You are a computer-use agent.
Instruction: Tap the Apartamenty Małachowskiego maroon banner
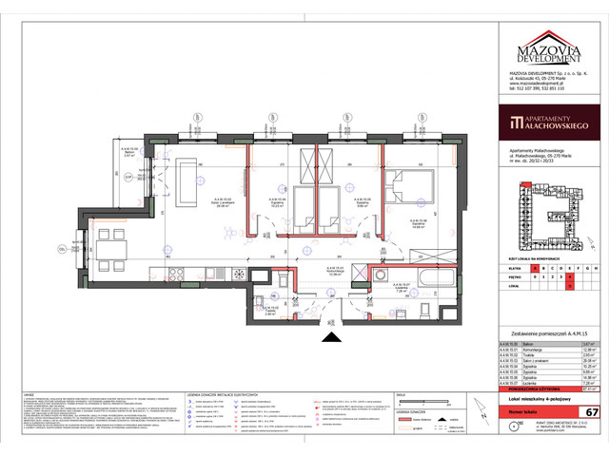(x=554, y=122)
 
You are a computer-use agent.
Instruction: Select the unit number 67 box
(x=591, y=385)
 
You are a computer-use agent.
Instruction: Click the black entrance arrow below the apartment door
(x=330, y=334)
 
